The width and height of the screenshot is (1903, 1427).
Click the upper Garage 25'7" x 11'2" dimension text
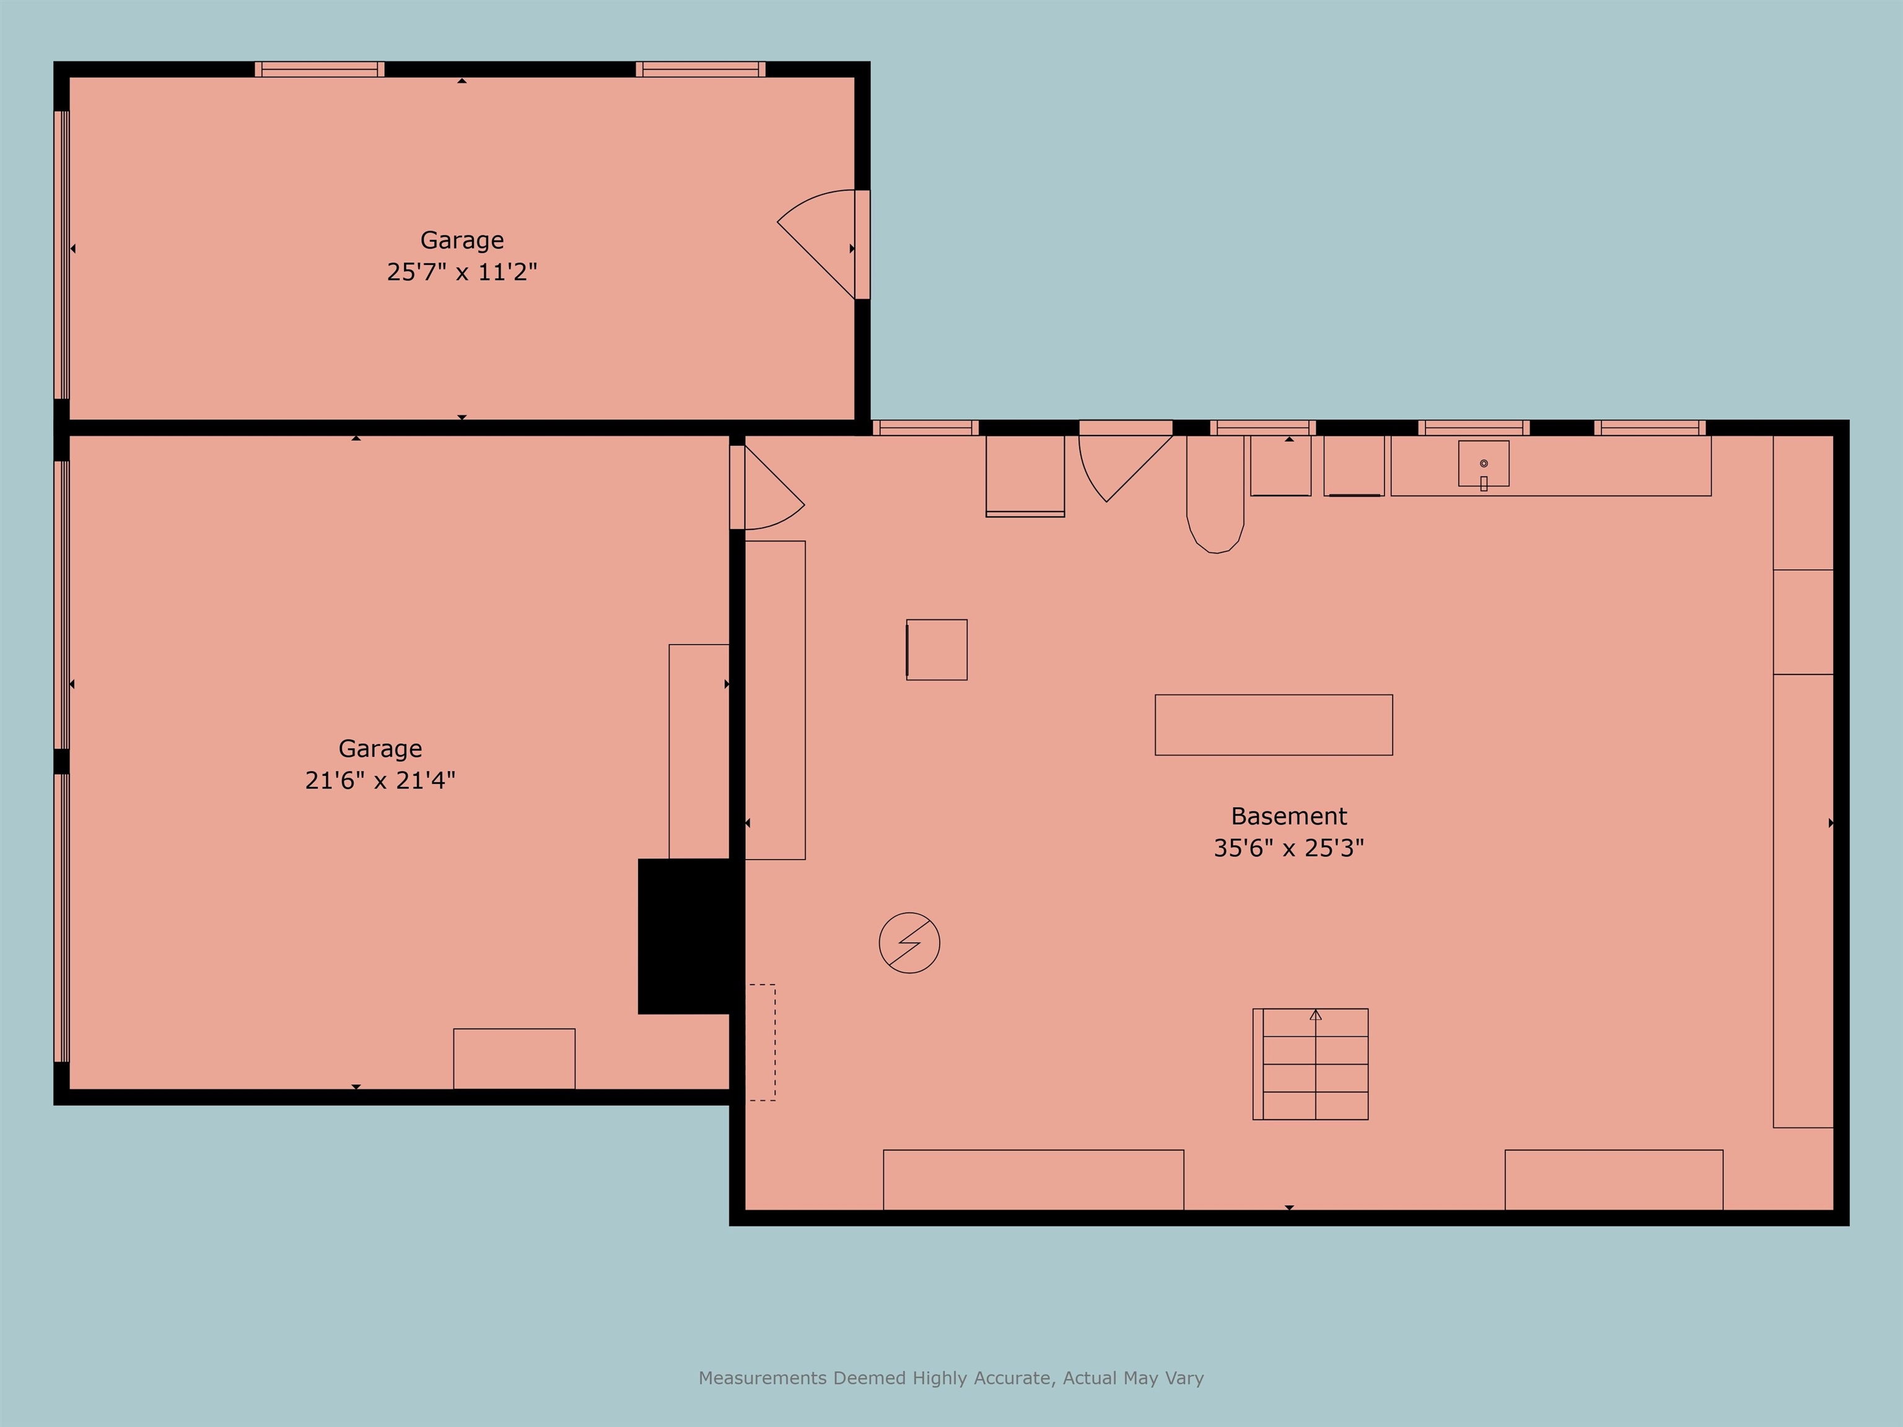tap(462, 272)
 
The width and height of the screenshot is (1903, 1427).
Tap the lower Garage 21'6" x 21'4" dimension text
tap(380, 780)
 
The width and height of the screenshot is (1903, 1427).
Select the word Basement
tap(1288, 816)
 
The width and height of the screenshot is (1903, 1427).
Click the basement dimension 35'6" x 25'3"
tap(1288, 848)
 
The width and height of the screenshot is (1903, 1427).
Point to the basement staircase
tap(1310, 1064)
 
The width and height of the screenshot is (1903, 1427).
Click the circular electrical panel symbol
tap(909, 943)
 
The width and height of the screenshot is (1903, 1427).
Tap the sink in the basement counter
tap(1483, 465)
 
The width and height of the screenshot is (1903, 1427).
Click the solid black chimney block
tap(691, 936)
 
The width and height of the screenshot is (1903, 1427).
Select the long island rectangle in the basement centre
tap(1273, 725)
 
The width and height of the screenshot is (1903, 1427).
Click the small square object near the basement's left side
tap(937, 650)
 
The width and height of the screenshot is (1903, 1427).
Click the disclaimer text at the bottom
tap(951, 1378)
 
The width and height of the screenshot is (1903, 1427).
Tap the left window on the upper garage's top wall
tap(319, 69)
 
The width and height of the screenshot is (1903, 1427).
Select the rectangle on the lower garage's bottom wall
tap(514, 1059)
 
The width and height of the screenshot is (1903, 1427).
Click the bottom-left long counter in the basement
tap(1033, 1180)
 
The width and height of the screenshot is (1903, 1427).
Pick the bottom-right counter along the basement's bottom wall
tap(1614, 1180)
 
